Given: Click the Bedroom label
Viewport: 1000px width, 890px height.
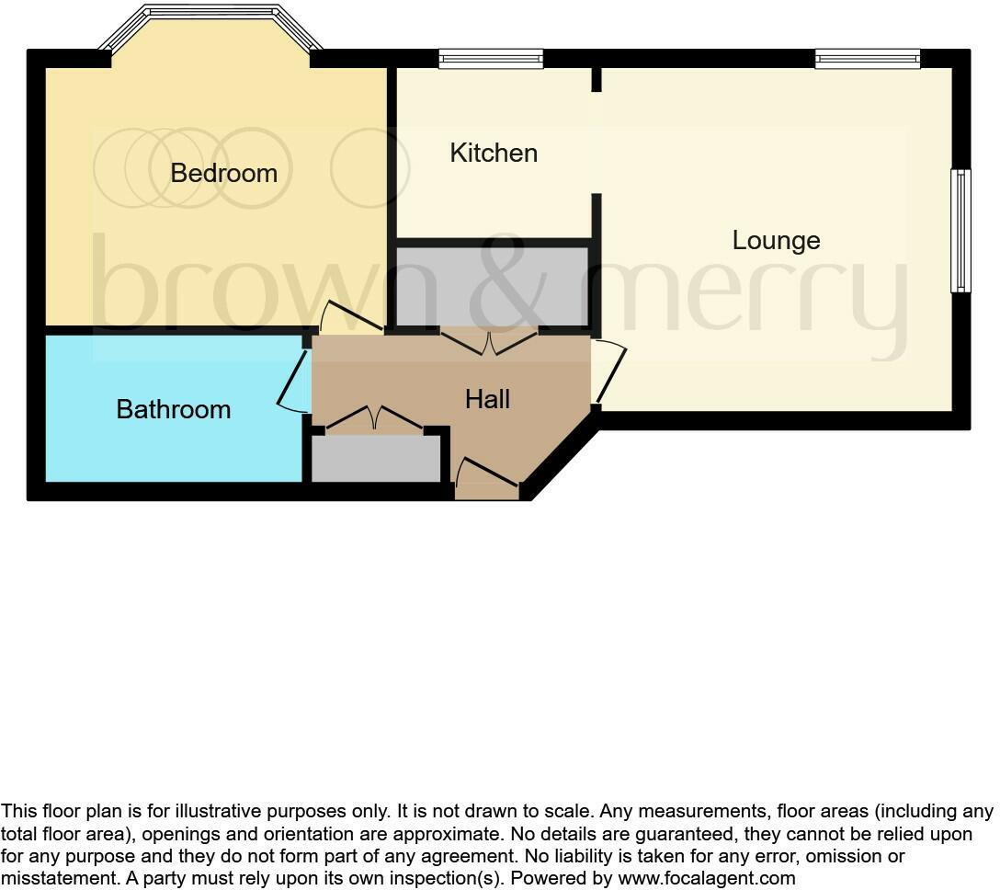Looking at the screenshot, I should tap(223, 173).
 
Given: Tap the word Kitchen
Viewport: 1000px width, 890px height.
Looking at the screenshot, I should tap(494, 153).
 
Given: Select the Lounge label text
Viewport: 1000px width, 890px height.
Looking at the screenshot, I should tap(776, 241).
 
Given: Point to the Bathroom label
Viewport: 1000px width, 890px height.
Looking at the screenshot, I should tap(173, 409).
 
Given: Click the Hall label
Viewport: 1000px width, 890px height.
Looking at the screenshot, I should tap(487, 399).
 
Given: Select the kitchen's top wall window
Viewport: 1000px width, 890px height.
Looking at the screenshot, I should tap(491, 59).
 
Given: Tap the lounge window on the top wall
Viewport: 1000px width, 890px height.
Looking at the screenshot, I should tap(867, 59).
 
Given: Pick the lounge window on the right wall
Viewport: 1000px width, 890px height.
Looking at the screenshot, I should tap(960, 230).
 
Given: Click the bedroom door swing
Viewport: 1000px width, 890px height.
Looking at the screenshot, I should tap(349, 317).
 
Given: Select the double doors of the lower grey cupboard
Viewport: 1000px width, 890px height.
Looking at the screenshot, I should tap(375, 418).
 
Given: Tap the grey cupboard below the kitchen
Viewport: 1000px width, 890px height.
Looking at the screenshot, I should tap(492, 285).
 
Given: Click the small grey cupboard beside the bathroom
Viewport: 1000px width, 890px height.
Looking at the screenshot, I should tap(376, 458).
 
